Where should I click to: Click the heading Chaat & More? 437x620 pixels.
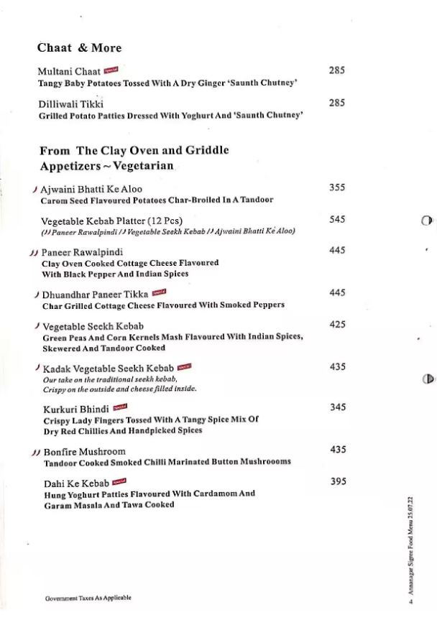tap(79, 48)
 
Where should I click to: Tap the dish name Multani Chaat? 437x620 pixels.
tap(68, 71)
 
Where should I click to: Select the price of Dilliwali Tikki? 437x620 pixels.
tap(337, 103)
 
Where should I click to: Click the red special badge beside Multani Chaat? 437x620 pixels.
tap(111, 70)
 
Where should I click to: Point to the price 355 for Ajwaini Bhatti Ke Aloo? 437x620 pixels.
tap(337, 188)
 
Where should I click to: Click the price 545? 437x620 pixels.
tap(337, 220)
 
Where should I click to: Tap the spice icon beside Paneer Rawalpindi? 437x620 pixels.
tap(34, 253)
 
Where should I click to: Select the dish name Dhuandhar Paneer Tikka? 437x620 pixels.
tap(95, 294)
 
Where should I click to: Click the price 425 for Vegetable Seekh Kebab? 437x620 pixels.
tap(337, 325)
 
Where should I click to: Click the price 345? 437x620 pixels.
tap(338, 407)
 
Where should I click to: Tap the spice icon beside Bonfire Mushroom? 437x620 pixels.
tap(34, 453)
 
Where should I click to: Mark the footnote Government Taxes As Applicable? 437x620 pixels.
tap(88, 598)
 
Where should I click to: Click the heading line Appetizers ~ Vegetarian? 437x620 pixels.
tap(106, 166)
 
